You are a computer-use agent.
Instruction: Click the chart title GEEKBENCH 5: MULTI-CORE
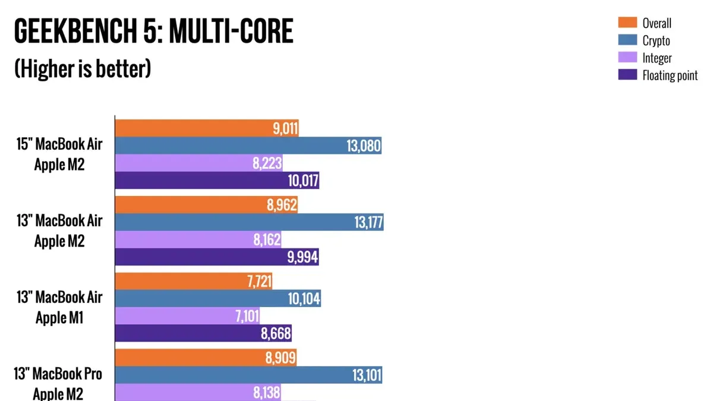154,31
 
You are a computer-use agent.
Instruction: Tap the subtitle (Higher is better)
83,68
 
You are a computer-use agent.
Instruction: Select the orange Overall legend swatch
627,23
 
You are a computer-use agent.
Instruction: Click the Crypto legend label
656,41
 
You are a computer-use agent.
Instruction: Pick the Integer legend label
657,58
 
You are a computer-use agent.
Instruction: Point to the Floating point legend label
670,75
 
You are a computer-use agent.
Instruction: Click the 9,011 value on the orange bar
285,128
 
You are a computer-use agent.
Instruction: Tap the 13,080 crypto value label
364,146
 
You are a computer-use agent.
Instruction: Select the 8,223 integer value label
267,163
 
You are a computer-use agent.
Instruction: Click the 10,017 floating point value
303,181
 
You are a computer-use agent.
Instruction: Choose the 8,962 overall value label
282,204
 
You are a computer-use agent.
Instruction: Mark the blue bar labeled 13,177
249,222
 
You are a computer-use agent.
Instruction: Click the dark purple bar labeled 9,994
217,257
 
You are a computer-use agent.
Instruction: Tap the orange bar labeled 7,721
194,282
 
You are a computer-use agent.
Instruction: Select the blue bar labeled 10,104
218,298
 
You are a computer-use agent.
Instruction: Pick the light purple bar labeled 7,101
187,316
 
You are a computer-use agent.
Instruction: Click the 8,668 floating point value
276,333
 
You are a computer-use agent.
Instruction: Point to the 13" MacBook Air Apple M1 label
59,308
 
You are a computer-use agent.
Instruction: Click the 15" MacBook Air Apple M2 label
59,154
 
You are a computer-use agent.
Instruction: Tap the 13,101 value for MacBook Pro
367,375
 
